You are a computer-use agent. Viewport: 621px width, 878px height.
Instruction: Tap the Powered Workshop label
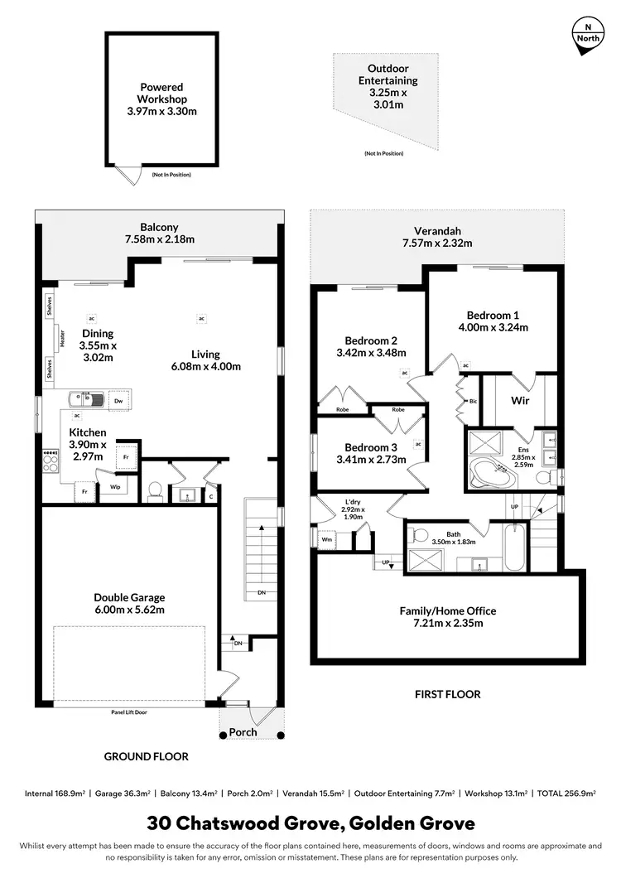[x=161, y=99]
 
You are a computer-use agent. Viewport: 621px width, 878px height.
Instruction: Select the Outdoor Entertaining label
[x=388, y=86]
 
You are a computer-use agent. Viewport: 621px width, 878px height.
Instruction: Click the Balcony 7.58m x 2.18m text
[x=158, y=234]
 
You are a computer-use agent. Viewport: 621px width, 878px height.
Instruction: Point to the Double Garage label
[x=129, y=603]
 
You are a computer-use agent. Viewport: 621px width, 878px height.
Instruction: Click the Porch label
[x=243, y=732]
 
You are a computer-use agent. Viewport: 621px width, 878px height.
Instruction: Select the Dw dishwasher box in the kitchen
[x=119, y=401]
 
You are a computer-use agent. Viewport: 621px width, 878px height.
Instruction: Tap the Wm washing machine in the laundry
[x=325, y=540]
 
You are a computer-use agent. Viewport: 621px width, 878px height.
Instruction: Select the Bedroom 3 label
[x=371, y=450]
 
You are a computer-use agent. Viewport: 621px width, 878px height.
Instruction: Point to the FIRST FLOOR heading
[x=447, y=694]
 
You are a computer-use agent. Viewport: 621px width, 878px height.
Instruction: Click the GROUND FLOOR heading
[x=146, y=756]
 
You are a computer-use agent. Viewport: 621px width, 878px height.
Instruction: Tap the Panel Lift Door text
[x=129, y=712]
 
